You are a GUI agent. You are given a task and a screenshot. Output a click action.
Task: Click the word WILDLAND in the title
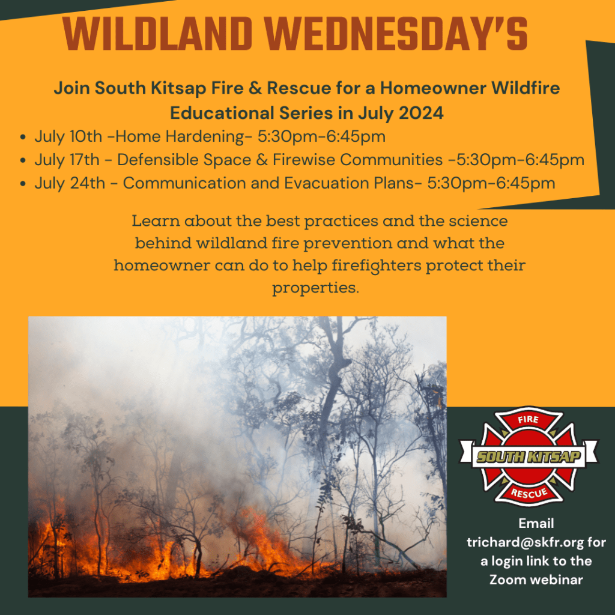157,34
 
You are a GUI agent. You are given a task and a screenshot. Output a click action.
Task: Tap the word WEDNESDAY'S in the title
396,34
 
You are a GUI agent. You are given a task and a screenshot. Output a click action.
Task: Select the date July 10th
68,137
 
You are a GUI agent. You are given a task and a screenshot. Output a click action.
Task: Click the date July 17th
67,160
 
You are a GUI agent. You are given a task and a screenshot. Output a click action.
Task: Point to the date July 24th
70,183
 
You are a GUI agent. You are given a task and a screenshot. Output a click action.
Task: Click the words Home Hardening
179,137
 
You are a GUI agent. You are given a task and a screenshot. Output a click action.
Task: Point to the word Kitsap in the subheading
178,88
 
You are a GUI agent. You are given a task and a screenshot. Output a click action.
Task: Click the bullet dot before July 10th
23,138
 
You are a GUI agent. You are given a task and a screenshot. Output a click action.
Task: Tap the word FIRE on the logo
528,419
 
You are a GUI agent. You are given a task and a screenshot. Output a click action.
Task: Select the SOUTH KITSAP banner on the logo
529,456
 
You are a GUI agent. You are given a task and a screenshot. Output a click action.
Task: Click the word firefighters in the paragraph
377,265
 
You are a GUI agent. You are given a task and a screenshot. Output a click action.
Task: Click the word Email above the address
536,524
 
